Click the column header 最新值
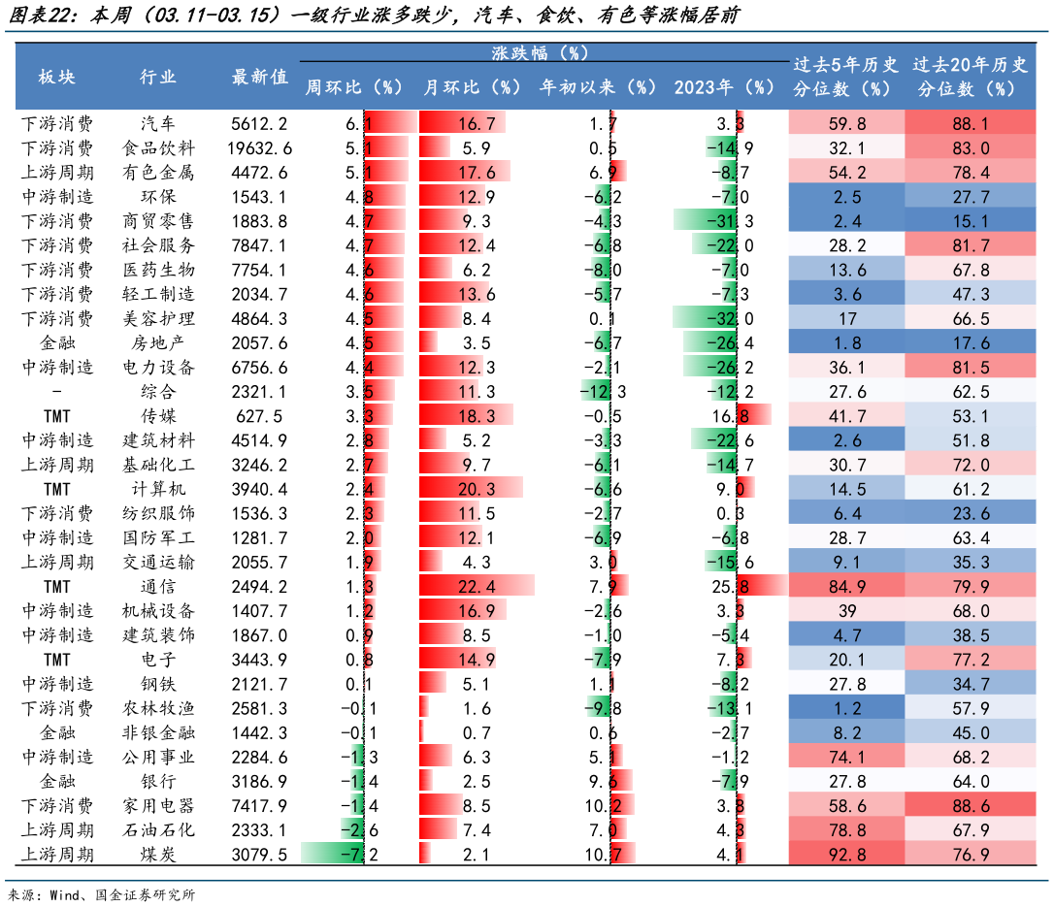pyautogui.click(x=259, y=78)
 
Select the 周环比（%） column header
pyautogui.click(x=353, y=87)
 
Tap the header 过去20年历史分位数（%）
pyautogui.click(x=970, y=77)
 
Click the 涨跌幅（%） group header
pyautogui.click(x=540, y=52)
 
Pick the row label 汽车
pyautogui.click(x=158, y=123)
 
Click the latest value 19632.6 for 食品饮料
pyautogui.click(x=259, y=147)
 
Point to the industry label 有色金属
pyautogui.click(x=158, y=173)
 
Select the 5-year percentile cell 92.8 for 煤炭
pyautogui.click(x=847, y=855)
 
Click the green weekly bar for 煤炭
pyautogui.click(x=332, y=854)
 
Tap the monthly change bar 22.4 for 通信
pyautogui.click(x=477, y=587)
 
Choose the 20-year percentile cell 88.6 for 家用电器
pyautogui.click(x=971, y=805)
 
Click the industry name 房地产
pyautogui.click(x=158, y=342)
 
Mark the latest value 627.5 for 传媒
pyautogui.click(x=259, y=416)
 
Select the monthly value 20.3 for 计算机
pyautogui.click(x=477, y=489)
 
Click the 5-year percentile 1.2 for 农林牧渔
pyautogui.click(x=847, y=708)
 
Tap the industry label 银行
pyautogui.click(x=158, y=781)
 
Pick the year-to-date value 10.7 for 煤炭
pyautogui.click(x=603, y=855)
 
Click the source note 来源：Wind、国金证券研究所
pyautogui.click(x=102, y=895)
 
